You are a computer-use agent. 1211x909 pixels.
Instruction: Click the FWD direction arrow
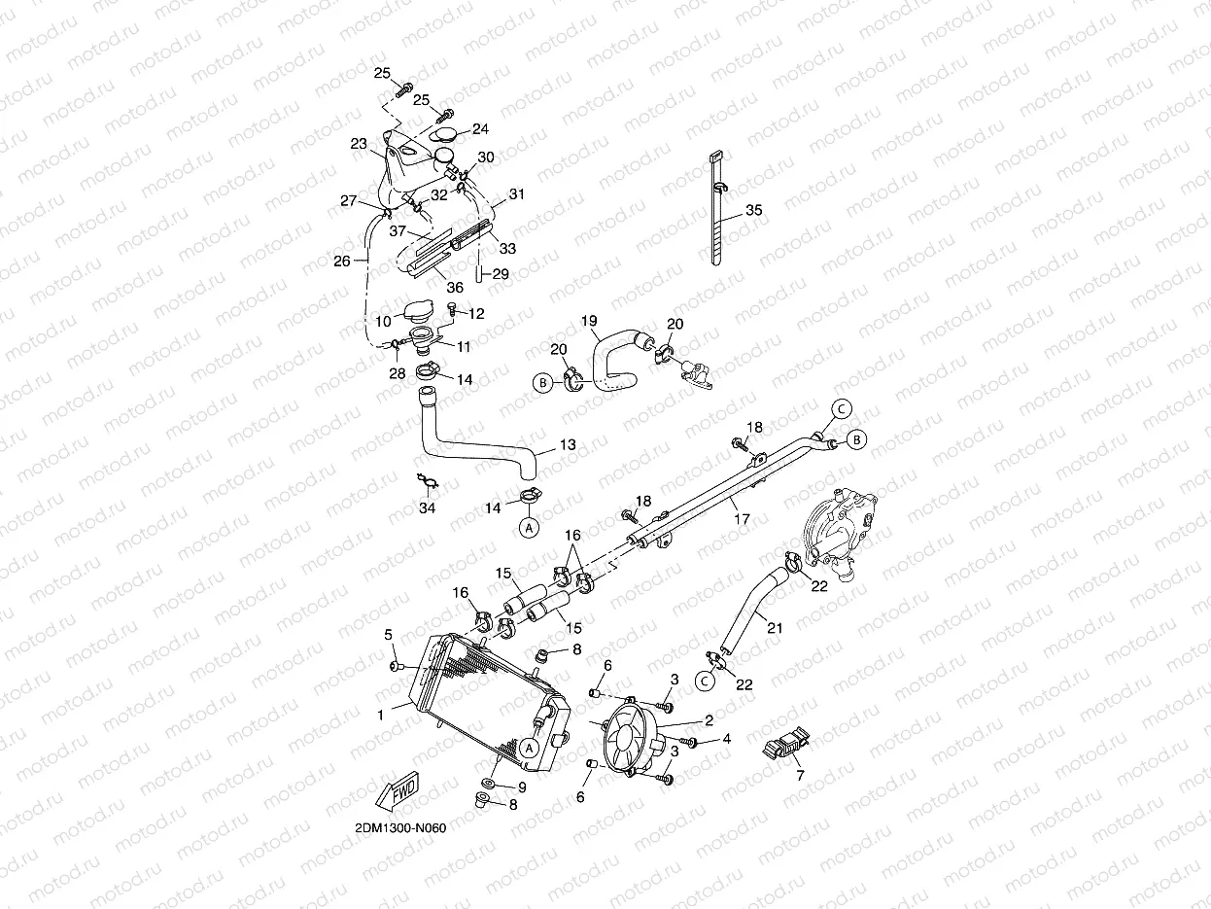coord(397,792)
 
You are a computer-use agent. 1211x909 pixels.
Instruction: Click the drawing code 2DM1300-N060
coord(400,828)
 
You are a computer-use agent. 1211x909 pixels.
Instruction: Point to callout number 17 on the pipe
coord(742,519)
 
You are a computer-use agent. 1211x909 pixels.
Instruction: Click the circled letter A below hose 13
coord(529,528)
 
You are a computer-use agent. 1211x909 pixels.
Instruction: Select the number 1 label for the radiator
coord(381,714)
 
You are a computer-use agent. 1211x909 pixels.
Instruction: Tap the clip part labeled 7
coord(787,747)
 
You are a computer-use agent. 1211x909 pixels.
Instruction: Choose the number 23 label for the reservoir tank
coord(358,144)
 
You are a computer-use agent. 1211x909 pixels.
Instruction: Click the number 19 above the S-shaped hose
coord(589,320)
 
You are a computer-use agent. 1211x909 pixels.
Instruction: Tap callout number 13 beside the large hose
coord(568,445)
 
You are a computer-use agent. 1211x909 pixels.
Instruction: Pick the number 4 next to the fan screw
coord(726,739)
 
